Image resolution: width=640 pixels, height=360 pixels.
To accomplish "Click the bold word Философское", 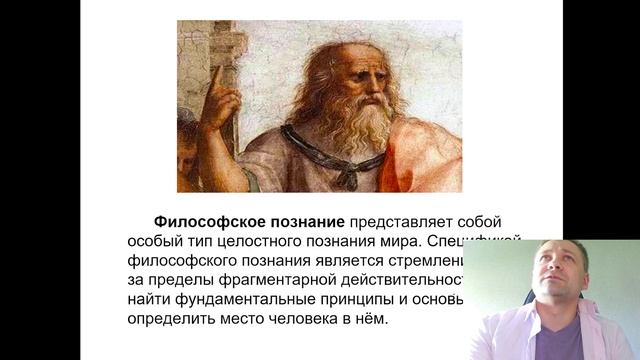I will tap(199, 221).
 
